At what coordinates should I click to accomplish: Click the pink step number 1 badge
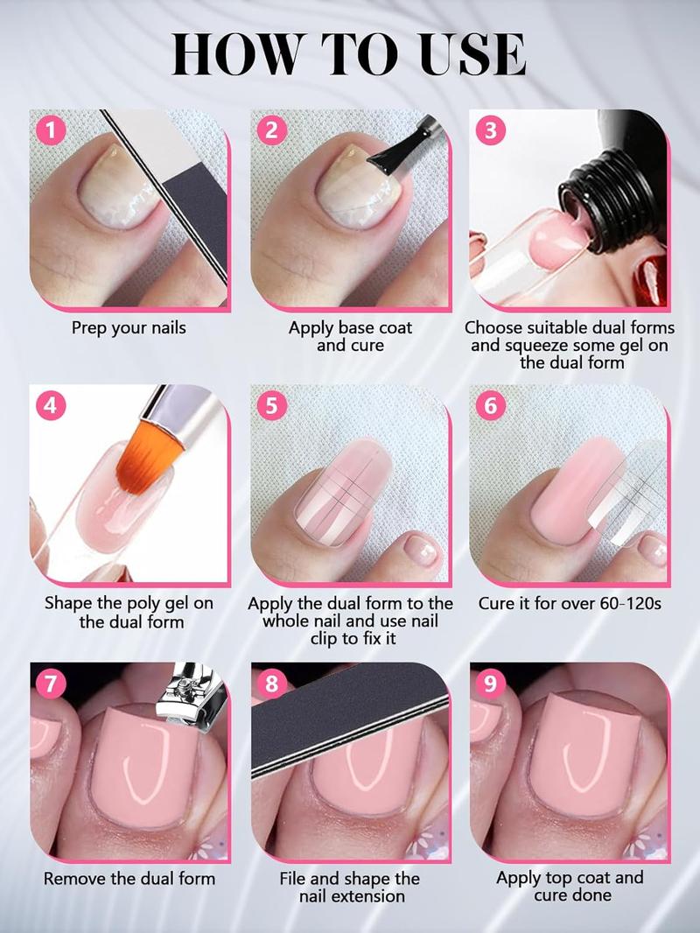[51, 130]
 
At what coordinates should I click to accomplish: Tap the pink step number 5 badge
[271, 406]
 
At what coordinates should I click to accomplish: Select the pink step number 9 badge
[490, 683]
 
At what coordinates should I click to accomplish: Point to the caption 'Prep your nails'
[129, 328]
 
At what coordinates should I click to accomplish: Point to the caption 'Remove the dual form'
[129, 878]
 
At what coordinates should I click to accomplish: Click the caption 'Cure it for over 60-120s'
[570, 603]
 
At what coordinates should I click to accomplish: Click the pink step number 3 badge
[491, 130]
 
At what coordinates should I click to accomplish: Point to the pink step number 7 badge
[51, 683]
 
